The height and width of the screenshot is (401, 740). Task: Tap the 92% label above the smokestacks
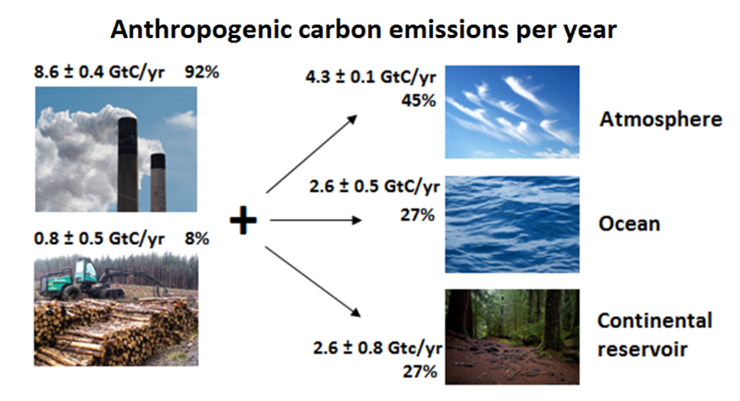tap(202, 72)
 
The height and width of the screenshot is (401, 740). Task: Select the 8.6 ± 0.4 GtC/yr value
tap(99, 73)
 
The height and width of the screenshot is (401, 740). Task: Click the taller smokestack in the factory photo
tap(128, 164)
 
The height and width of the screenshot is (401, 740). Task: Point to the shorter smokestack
tap(158, 182)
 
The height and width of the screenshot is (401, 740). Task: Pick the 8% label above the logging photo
tap(197, 238)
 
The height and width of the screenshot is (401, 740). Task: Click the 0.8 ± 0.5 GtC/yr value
tap(99, 239)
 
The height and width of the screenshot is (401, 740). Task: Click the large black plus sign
tap(243, 221)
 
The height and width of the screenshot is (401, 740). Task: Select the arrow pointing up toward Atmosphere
tap(312, 153)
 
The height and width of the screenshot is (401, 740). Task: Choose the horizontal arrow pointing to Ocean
tap(315, 220)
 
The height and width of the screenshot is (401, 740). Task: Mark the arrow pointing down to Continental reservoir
tap(313, 281)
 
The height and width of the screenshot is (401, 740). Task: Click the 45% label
tap(419, 101)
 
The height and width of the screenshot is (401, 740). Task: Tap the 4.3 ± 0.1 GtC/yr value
tap(371, 77)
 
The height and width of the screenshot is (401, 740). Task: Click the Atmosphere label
tap(660, 119)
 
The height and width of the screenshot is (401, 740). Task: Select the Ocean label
tap(629, 224)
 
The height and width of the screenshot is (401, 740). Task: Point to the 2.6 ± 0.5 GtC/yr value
tap(375, 187)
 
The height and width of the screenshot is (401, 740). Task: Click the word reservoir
tap(642, 349)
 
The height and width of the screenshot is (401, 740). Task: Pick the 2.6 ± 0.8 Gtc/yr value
tap(377, 348)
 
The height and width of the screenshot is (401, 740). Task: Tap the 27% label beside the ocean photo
tap(418, 215)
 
